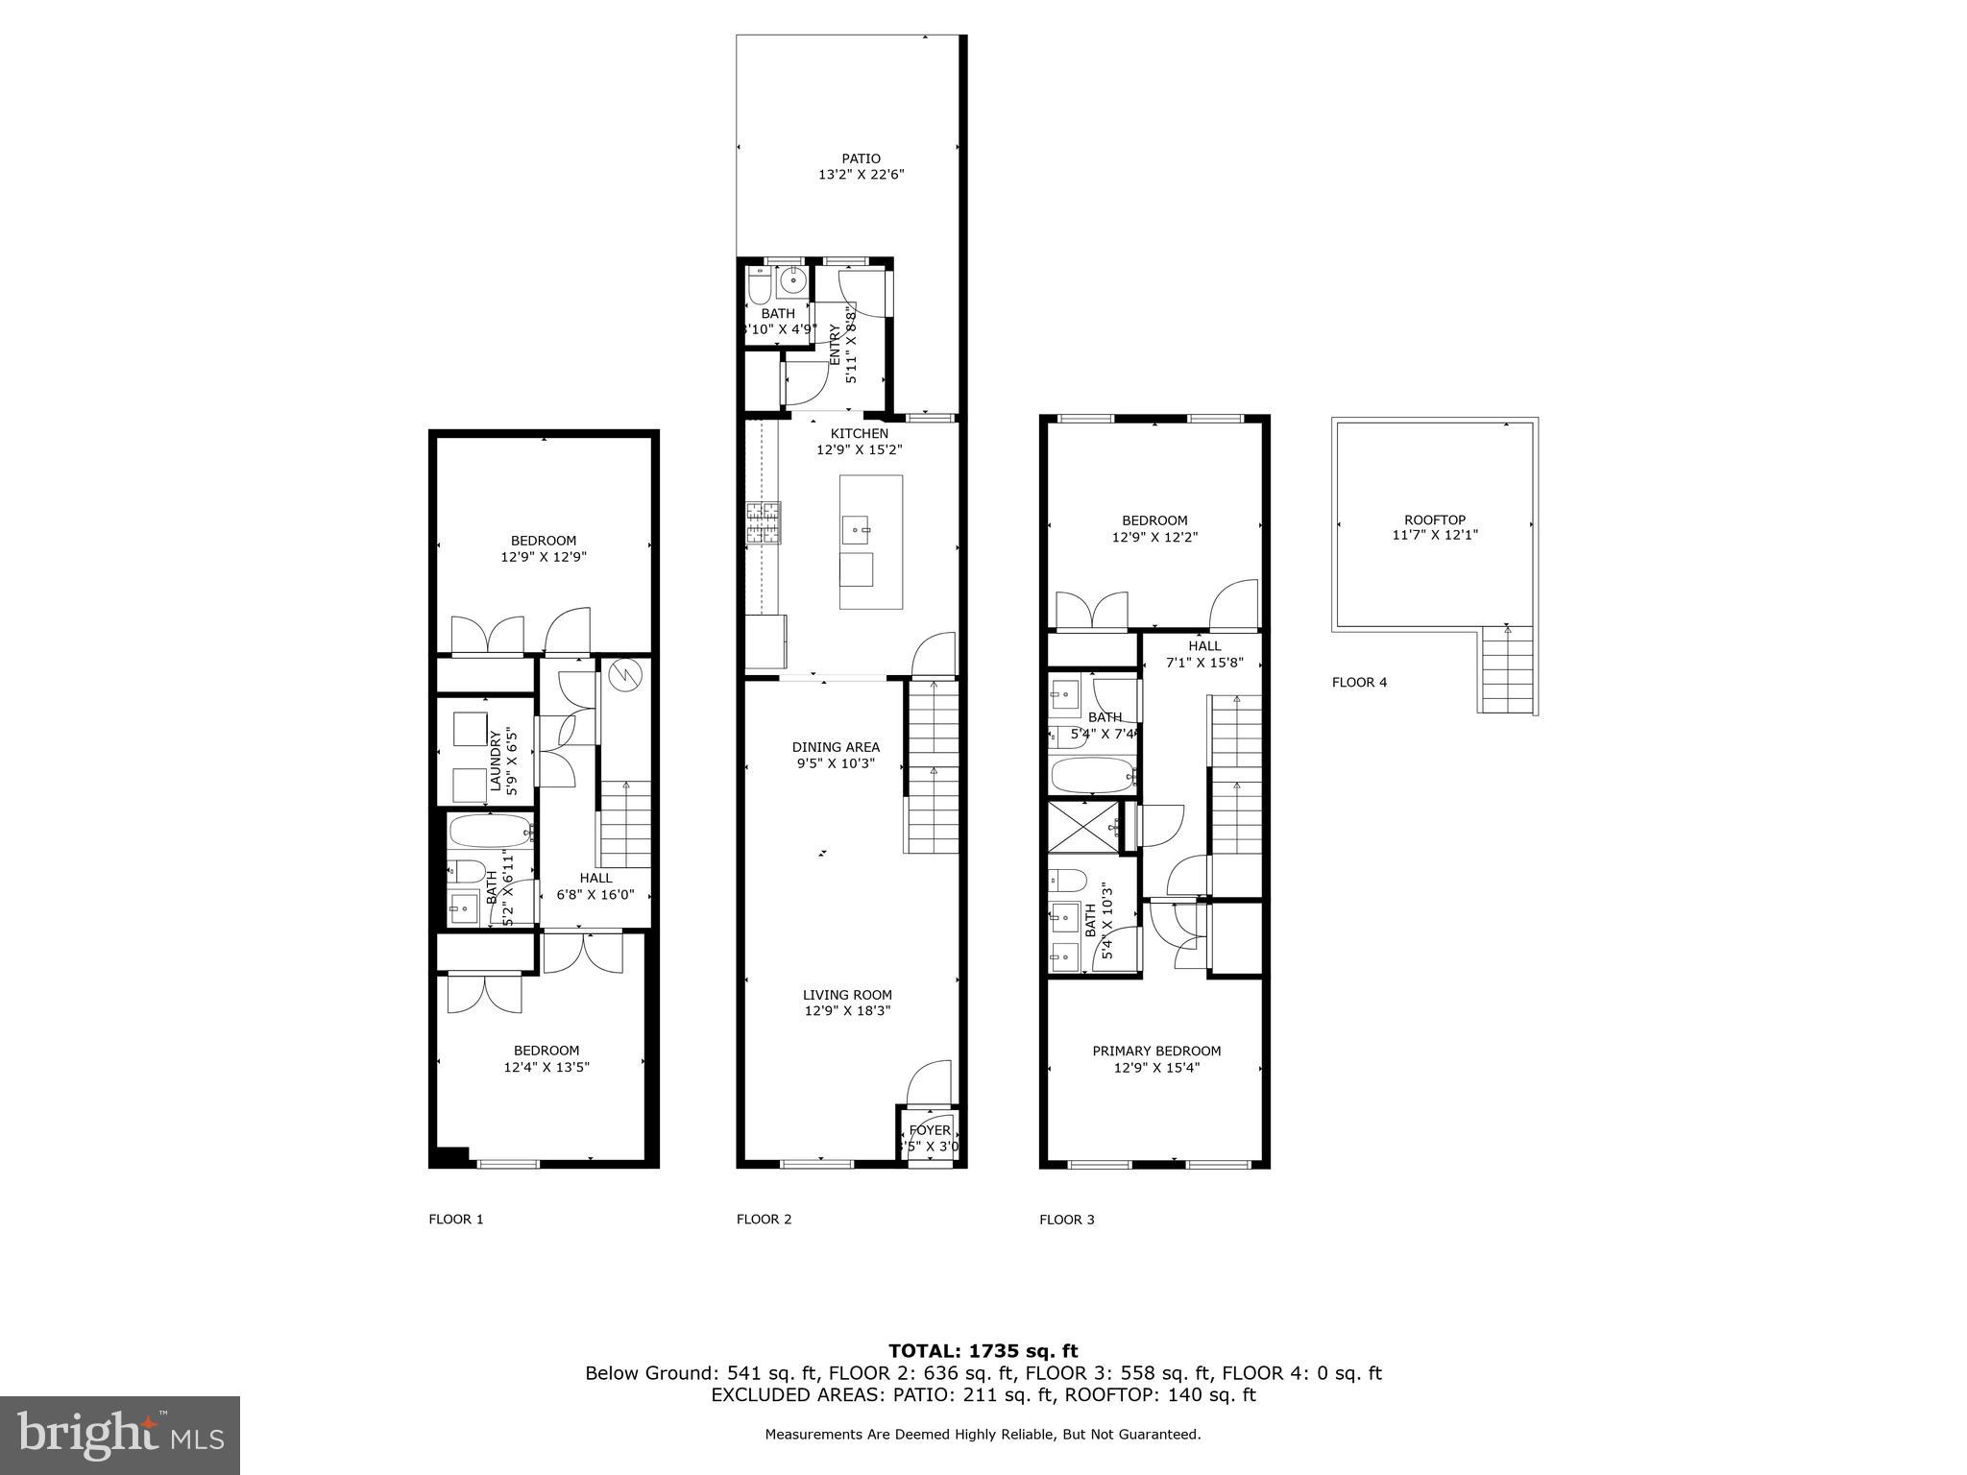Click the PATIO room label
(861, 159)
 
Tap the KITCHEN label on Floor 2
(859, 434)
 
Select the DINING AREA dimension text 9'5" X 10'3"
(835, 763)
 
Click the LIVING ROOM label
(847, 995)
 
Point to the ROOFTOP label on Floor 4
(1434, 520)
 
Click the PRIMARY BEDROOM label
(1155, 1051)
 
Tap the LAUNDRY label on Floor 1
(496, 751)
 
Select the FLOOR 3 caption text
(1066, 1220)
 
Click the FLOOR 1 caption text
(455, 1220)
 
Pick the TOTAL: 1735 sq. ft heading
(983, 1351)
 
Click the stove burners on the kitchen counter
(764, 522)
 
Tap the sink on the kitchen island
(856, 527)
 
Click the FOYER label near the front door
(929, 1130)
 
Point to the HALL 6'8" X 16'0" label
(595, 885)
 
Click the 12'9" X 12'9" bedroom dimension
(543, 556)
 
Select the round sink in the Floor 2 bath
(792, 281)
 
